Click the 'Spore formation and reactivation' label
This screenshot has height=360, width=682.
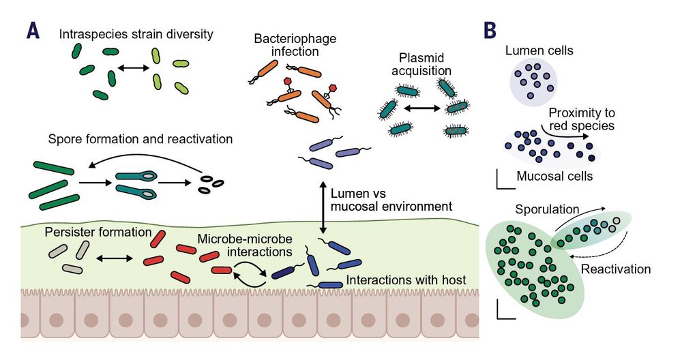tap(140, 139)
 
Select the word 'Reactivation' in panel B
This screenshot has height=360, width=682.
tap(616, 269)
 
